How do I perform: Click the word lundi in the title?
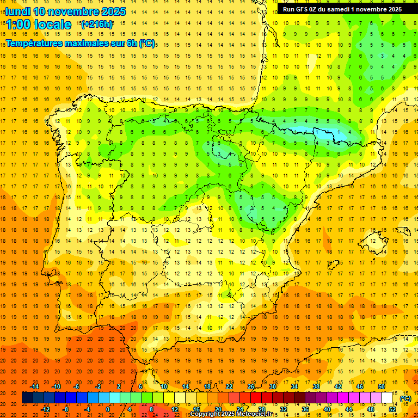coord(17,11)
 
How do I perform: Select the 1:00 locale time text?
coord(39,24)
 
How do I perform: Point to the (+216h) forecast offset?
coord(96,24)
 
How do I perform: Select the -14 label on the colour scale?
coord(34,386)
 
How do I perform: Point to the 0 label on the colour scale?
coord(108,409)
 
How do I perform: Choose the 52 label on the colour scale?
coord(392,409)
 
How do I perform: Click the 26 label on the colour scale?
coord(251,386)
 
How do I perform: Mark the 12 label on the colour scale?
coord(174,409)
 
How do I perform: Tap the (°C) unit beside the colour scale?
coord(406,398)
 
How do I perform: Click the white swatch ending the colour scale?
coord(387,398)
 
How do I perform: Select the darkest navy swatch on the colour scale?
coord(27,398)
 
